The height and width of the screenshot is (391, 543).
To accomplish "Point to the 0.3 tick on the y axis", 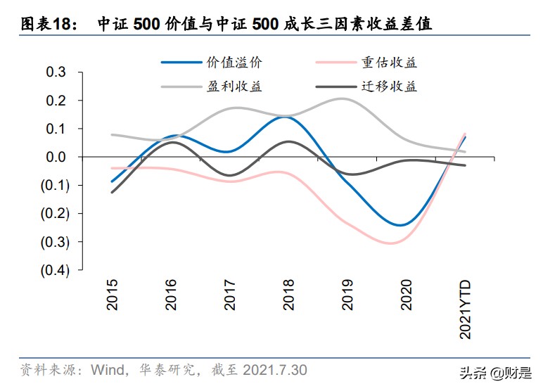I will [x=56, y=72].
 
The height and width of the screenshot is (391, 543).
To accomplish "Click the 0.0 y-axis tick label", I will [x=56, y=157].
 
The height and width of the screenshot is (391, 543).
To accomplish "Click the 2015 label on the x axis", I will [x=113, y=294].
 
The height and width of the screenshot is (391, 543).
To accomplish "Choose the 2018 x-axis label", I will [x=289, y=294].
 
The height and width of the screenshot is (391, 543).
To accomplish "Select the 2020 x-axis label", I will [x=406, y=294].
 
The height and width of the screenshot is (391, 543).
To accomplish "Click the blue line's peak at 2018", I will [x=283, y=117].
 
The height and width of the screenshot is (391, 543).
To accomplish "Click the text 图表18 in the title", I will [x=43, y=25].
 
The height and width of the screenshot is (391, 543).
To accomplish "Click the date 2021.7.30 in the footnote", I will [x=274, y=370].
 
